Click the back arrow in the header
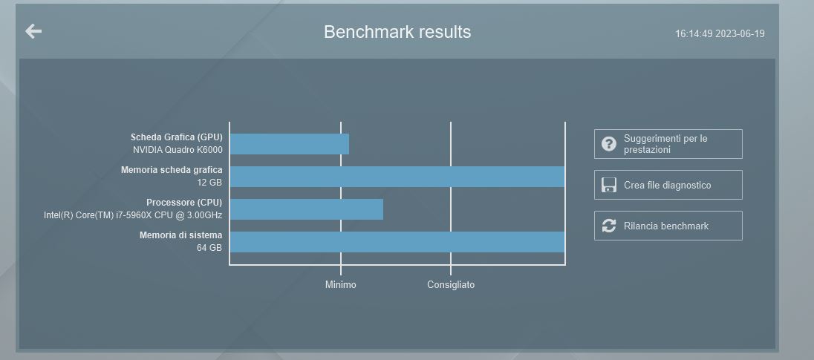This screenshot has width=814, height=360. (x=33, y=31)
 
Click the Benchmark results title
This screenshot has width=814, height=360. (x=397, y=32)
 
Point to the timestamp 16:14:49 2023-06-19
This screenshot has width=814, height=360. (x=720, y=33)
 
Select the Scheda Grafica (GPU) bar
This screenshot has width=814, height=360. (x=289, y=144)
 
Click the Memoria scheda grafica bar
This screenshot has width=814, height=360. (x=397, y=177)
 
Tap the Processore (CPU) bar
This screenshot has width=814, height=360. (x=306, y=209)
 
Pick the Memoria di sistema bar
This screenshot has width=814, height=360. (x=397, y=242)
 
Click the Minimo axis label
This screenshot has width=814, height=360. (x=341, y=285)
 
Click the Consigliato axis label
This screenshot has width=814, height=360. (x=451, y=285)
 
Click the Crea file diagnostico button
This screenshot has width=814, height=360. (x=668, y=185)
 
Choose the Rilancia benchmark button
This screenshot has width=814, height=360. (x=668, y=226)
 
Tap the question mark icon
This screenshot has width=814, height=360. (x=609, y=144)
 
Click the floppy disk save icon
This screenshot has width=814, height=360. (x=609, y=185)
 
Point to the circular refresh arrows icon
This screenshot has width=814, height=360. (x=609, y=226)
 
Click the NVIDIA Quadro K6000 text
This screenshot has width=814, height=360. (x=178, y=150)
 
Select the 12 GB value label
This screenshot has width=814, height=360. (x=209, y=183)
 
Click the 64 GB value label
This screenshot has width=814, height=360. (x=209, y=248)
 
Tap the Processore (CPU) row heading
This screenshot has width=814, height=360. (x=184, y=203)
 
